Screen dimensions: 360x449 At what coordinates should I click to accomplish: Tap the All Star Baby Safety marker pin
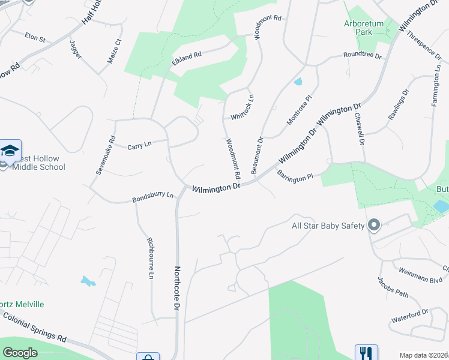(375, 226)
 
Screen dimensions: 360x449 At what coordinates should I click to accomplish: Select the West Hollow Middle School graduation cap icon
(10, 151)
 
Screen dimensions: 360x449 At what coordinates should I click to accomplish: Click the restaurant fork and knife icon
(366, 353)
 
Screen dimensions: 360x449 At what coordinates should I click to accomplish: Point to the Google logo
(20, 353)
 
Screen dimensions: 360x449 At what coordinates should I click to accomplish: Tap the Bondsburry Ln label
(152, 196)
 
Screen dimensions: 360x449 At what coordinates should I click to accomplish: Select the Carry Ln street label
(139, 146)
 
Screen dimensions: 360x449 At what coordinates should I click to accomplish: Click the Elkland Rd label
(186, 58)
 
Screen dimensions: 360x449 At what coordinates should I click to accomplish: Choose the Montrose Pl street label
(300, 110)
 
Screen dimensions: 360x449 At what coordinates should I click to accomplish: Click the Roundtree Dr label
(362, 56)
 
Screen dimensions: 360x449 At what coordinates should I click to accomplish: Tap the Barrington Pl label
(295, 176)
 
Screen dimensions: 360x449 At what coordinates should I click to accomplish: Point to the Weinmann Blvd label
(424, 277)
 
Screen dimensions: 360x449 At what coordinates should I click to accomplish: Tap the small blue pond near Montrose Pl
(298, 82)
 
